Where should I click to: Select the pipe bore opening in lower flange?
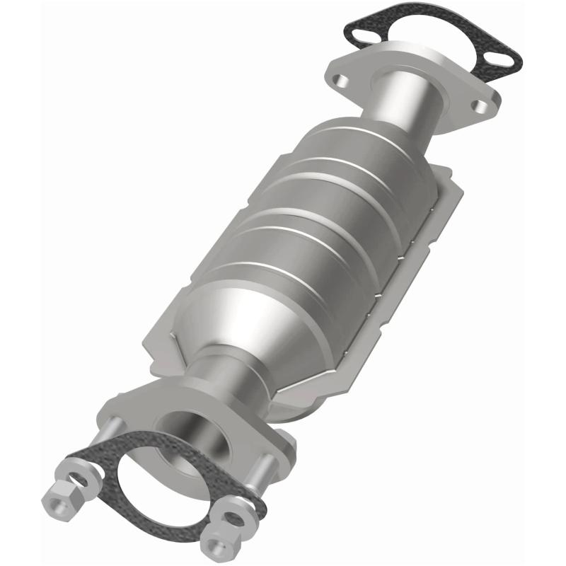click(x=195, y=432)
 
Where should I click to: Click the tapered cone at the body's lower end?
click(x=255, y=318)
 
